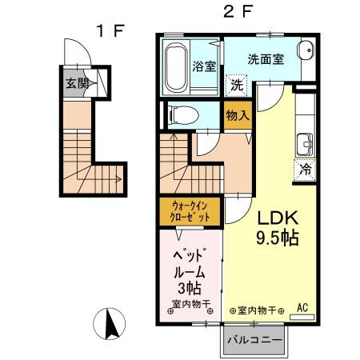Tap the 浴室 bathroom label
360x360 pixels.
click(203, 66)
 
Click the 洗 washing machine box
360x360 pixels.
click(237, 85)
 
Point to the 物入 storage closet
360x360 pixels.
click(237, 115)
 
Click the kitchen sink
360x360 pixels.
click(304, 146)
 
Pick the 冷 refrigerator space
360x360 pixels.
click(305, 169)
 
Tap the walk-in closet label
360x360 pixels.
click(191, 211)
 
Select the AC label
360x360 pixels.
click(302, 307)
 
